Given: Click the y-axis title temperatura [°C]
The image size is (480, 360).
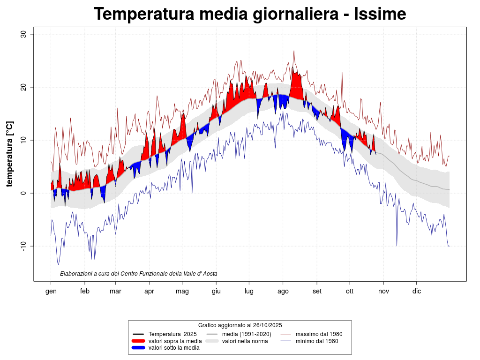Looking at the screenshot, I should pos(10,154).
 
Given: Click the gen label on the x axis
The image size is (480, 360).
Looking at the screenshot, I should pos(51,291).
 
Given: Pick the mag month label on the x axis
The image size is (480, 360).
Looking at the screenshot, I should pos(182,291).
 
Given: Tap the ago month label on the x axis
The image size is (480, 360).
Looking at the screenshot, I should pos(283,291).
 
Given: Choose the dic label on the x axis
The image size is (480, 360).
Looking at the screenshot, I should pos(417,291).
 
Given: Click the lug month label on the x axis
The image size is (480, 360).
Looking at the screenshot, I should pos(249,291).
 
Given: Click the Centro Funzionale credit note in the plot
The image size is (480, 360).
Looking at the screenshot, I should pos(139,273).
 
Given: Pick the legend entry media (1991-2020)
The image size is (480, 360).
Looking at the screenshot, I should pos(246,334).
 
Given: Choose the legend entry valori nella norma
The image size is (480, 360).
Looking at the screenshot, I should pos(245,341).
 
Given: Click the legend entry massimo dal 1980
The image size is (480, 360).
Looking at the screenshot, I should pos(319,334).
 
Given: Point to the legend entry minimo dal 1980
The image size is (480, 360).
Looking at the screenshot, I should pos(317,341).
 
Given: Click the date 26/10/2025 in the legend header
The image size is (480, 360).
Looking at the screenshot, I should pos(266,325).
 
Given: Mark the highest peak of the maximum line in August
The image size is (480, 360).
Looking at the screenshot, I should pos(294,51).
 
